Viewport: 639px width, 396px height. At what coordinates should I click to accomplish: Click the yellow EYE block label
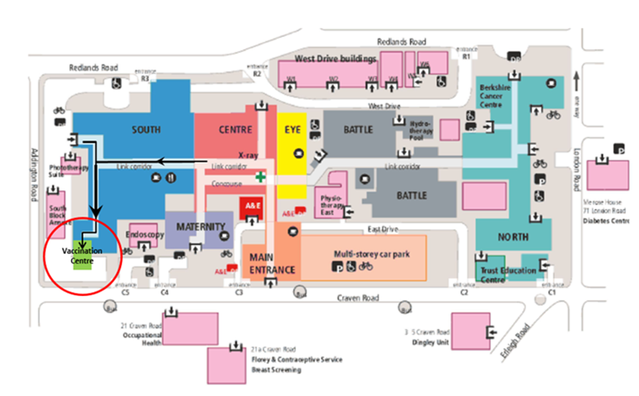pos(292,129)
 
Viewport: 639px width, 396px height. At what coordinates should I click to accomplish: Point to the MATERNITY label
pos(195,227)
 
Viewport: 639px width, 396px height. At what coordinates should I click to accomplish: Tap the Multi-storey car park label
pos(372,253)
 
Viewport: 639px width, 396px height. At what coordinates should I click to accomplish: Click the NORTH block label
pos(514,237)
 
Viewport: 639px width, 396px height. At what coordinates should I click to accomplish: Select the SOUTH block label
pos(145,129)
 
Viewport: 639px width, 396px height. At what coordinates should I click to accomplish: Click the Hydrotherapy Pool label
pos(422,129)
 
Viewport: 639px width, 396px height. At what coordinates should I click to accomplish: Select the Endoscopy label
pos(146,235)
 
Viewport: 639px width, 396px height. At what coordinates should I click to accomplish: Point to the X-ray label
pos(248,153)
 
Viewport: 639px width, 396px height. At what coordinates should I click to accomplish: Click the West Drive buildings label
pos(336,59)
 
